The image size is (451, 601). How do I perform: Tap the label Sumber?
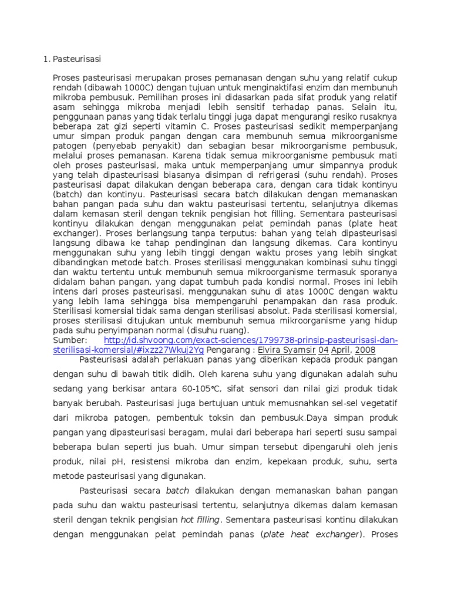click(x=70, y=340)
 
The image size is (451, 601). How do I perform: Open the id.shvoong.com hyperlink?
click(x=251, y=340)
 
